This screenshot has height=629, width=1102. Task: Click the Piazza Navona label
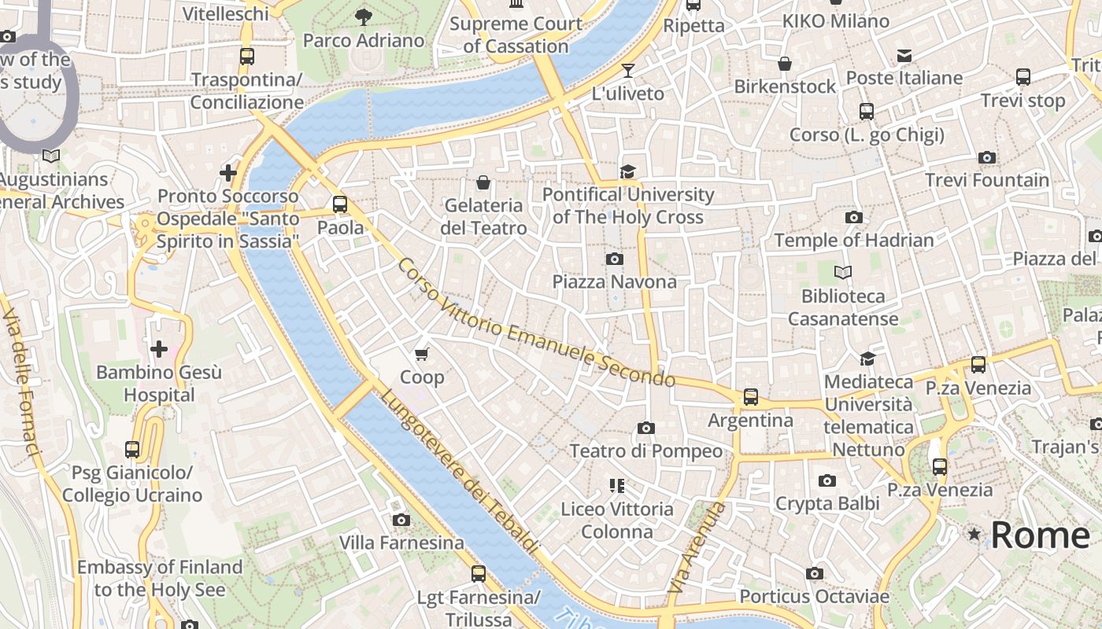pyautogui.click(x=614, y=281)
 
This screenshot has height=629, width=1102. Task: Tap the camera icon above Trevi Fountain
pyautogui.click(x=987, y=158)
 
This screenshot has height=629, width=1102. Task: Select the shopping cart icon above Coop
pyautogui.click(x=422, y=355)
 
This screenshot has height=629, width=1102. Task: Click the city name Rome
pyautogui.click(x=1040, y=535)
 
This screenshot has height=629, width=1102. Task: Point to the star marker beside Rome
pyautogui.click(x=975, y=535)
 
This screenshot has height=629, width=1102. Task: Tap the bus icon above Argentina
pyautogui.click(x=751, y=397)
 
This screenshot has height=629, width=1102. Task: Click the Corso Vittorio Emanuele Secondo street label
pyautogui.click(x=536, y=323)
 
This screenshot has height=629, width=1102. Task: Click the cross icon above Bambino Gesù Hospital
pyautogui.click(x=159, y=348)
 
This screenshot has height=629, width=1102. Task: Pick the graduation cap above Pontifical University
pyautogui.click(x=627, y=171)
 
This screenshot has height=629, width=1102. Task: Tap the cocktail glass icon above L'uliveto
pyautogui.click(x=627, y=71)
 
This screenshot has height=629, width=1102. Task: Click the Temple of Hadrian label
pyautogui.click(x=854, y=240)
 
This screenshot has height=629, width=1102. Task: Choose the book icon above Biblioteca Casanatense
pyautogui.click(x=843, y=273)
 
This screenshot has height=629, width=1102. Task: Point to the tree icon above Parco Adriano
pyautogui.click(x=363, y=17)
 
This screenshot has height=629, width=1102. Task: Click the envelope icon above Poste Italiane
pyautogui.click(x=904, y=55)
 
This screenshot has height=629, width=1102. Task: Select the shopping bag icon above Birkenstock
pyautogui.click(x=784, y=64)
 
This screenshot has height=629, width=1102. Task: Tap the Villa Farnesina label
pyautogui.click(x=401, y=543)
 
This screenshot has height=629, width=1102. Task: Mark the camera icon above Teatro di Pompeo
pyautogui.click(x=646, y=428)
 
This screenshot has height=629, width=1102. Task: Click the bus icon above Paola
pyautogui.click(x=340, y=204)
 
